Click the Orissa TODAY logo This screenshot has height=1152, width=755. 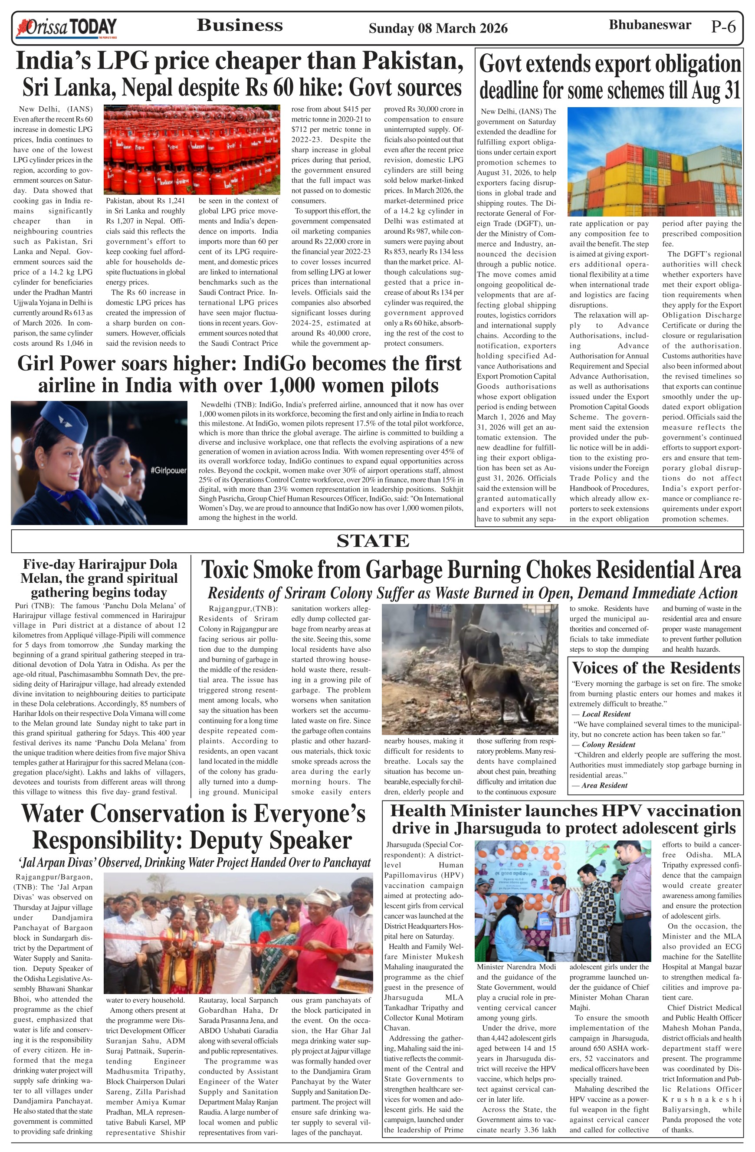(66, 28)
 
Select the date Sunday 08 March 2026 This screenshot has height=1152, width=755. (438, 29)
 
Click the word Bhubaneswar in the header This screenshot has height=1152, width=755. (650, 25)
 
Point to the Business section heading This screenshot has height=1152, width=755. (240, 25)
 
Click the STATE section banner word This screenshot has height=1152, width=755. (373, 541)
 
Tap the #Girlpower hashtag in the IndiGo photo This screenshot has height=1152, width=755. (168, 470)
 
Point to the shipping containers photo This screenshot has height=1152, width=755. (654, 162)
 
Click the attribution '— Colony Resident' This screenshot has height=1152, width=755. (603, 745)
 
